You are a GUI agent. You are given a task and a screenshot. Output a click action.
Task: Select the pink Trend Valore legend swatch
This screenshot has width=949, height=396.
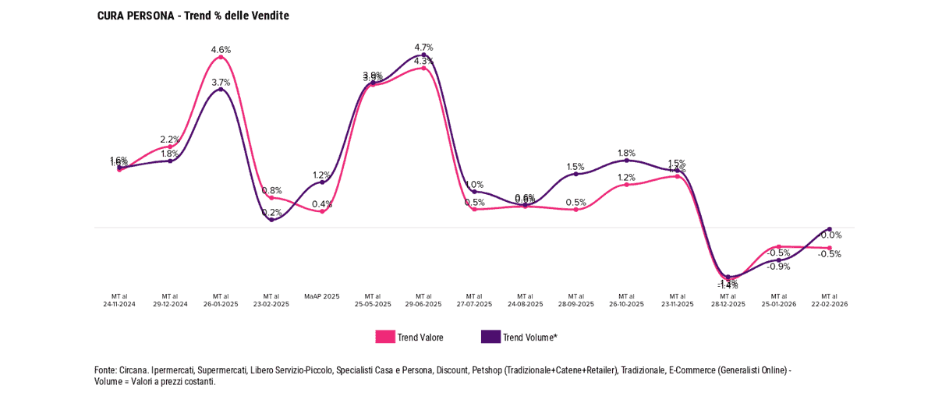coord(385,337)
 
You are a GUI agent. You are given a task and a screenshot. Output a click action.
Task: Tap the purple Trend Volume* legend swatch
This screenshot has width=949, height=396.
coord(490,337)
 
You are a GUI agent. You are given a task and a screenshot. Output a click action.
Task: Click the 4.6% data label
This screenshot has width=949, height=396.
coord(221,50)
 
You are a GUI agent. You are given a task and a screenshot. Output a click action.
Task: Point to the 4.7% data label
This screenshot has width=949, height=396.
coord(423,48)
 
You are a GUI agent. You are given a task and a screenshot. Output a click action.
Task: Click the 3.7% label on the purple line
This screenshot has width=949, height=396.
coord(221,83)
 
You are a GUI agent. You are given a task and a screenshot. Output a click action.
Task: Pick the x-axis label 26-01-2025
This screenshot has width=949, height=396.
coord(221,304)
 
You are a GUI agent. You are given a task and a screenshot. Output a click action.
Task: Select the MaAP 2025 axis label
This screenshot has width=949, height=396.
coord(322,296)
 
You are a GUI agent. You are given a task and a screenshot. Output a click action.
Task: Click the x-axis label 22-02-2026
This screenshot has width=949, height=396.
coord(829,304)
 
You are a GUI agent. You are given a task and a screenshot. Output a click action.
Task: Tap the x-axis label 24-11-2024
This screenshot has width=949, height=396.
coord(119,304)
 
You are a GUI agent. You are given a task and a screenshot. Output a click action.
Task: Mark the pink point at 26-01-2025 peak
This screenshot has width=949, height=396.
coord(221,57)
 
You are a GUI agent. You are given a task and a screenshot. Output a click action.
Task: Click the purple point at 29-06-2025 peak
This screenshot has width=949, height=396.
coord(423,55)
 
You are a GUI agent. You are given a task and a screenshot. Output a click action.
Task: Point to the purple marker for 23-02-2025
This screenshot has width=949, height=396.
coord(271,220)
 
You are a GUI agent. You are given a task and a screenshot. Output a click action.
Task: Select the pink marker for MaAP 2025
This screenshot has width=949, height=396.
coord(322,211)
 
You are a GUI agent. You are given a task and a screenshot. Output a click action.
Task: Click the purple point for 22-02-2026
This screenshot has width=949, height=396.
coord(829,229)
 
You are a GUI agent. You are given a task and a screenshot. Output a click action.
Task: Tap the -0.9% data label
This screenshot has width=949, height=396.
coord(778,267)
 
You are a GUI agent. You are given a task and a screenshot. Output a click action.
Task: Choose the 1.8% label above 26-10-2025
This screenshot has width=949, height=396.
coord(626,154)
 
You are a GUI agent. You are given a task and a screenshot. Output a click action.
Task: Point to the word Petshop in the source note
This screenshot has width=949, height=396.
coord(488,370)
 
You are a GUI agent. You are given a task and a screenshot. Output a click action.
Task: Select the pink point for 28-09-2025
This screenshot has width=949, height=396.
coord(575,210)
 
